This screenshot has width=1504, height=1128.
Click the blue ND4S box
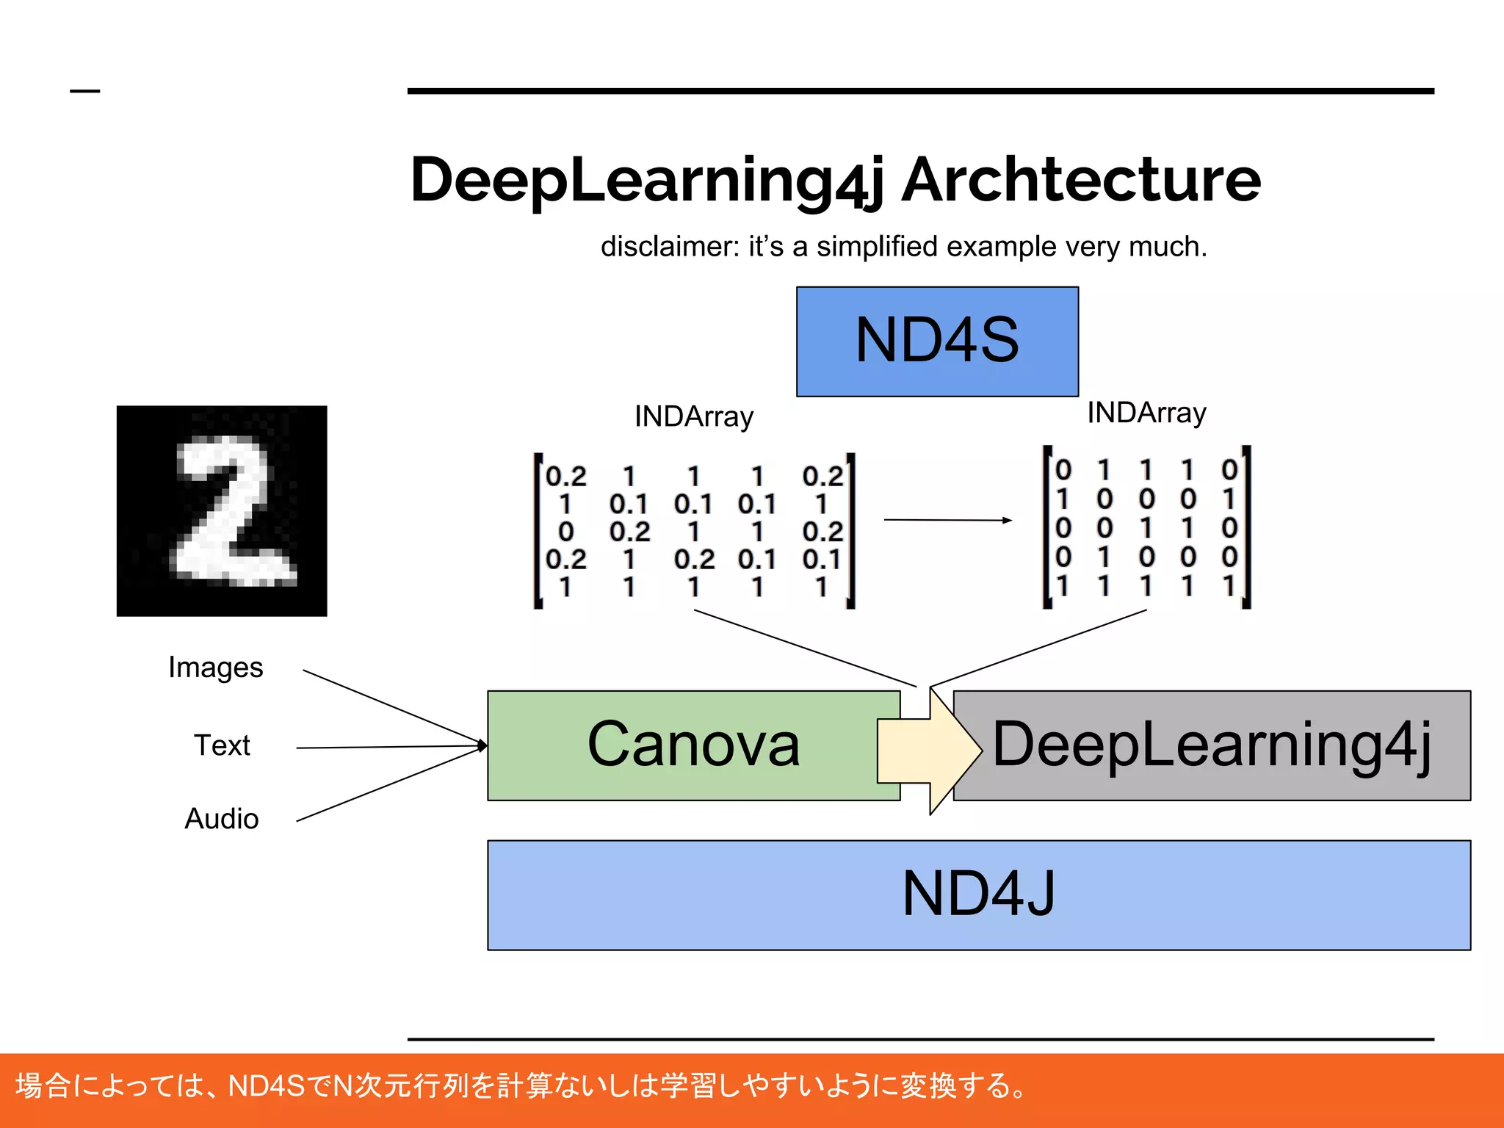tap(937, 341)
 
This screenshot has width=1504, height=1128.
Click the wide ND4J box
tap(978, 894)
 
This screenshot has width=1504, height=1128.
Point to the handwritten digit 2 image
tap(222, 511)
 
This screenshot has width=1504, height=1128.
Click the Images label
tap(215, 668)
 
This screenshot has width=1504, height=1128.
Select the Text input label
tap(222, 745)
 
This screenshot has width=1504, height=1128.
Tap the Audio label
tap(222, 819)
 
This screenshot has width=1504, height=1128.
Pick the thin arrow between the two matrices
tap(947, 520)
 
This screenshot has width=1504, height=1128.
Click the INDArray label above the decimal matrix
tap(694, 417)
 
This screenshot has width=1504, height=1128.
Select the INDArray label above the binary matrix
tap(1146, 413)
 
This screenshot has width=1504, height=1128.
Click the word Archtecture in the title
tap(1081, 181)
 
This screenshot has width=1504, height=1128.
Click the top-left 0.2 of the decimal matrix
tap(565, 477)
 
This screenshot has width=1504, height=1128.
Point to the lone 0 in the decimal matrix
tap(565, 532)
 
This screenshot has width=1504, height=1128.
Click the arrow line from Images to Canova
tap(389, 706)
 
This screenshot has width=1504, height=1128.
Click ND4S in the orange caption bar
tap(266, 1085)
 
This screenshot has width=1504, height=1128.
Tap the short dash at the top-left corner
tap(84, 91)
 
